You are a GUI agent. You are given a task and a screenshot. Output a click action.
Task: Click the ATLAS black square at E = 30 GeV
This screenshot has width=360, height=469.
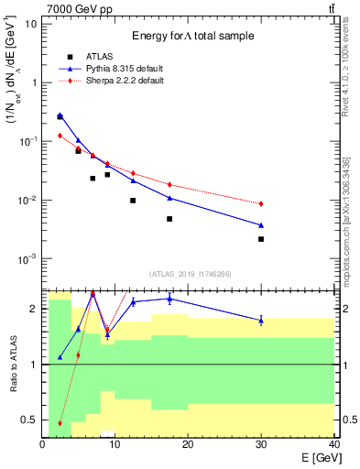261,239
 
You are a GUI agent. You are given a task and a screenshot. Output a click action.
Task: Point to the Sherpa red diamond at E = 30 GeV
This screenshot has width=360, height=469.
261,203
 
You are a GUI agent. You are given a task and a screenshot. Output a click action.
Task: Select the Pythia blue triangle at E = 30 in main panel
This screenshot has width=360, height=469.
261,224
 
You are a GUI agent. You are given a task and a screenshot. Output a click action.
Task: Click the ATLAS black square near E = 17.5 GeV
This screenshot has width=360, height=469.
169,219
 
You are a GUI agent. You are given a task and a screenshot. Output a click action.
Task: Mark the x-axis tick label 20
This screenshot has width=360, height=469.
188,445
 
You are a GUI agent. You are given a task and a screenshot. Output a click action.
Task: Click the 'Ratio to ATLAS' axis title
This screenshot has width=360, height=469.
12,364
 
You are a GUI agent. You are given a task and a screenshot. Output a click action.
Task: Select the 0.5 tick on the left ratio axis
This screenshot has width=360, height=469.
29,420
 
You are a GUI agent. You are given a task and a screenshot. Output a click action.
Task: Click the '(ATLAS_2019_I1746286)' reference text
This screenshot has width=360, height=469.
191,274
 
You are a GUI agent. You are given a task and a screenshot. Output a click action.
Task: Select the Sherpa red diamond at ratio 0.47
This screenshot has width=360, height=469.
60,423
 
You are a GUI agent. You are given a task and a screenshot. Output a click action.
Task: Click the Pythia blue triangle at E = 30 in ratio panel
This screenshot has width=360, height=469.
261,320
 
